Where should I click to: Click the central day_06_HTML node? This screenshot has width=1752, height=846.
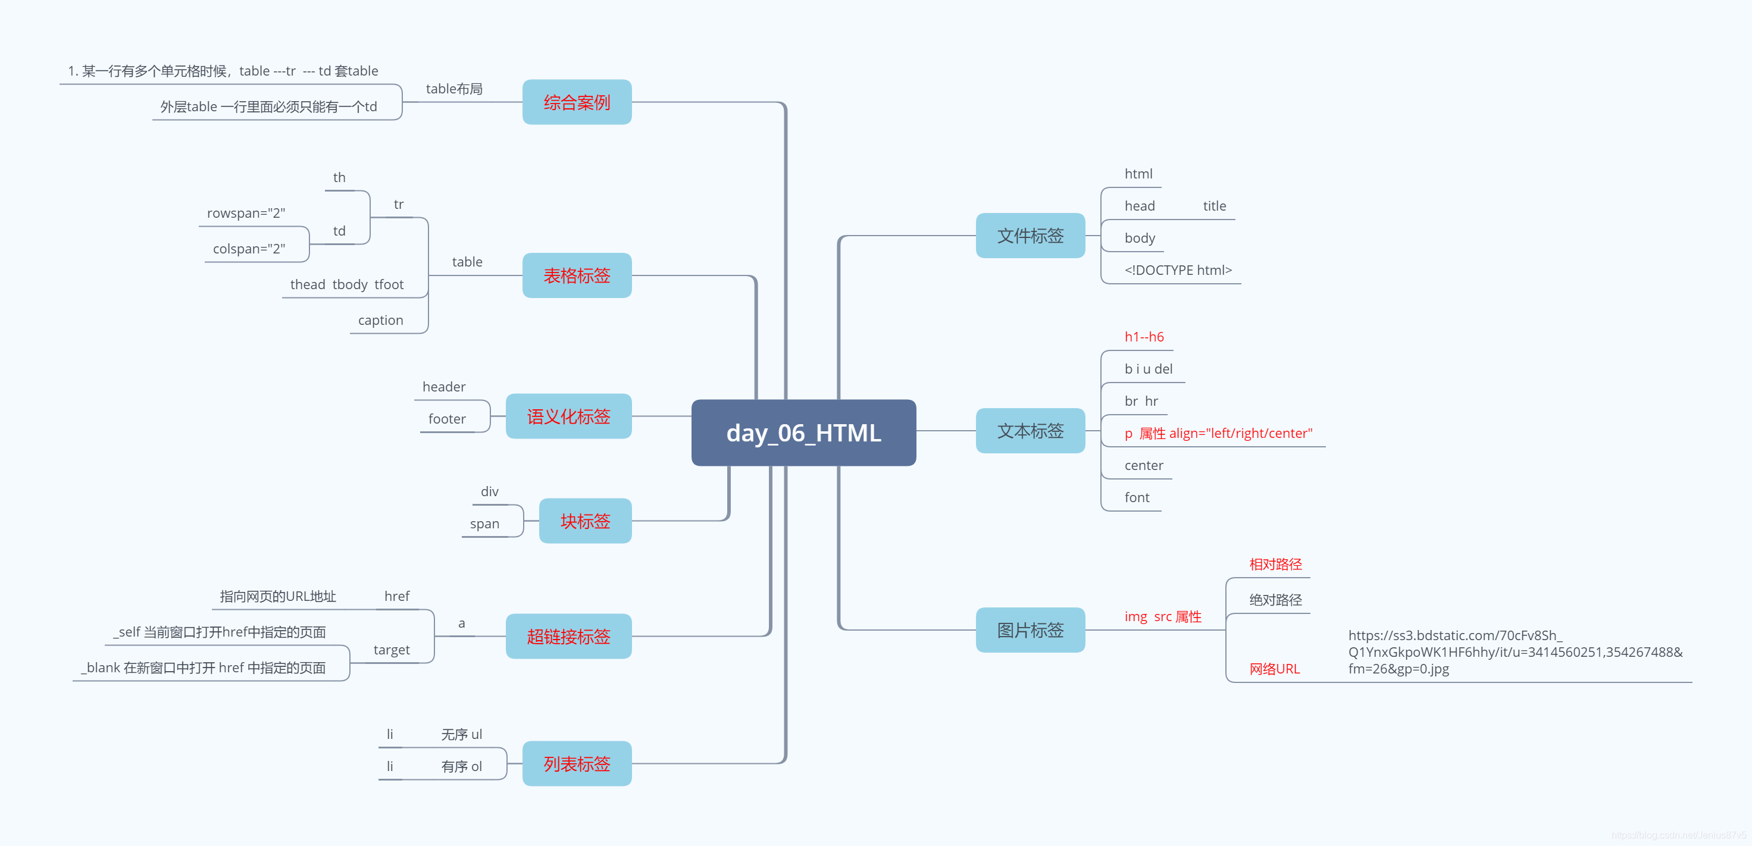(803, 433)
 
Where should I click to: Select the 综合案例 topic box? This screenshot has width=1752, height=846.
(577, 102)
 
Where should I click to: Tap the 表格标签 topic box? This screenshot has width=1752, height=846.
(577, 275)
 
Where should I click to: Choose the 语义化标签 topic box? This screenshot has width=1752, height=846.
(568, 416)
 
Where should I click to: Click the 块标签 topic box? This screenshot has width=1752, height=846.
(585, 521)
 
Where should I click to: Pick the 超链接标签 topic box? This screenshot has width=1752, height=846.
(568, 637)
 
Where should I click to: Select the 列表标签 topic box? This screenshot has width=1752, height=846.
(577, 764)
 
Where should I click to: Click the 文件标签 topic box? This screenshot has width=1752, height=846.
(1030, 236)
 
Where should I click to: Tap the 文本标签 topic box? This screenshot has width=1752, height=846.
(1030, 431)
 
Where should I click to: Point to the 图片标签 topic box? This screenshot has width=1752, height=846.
(1030, 629)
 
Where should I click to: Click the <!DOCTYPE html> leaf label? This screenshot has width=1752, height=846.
(1178, 270)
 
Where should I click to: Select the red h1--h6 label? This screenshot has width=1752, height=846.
(1144, 337)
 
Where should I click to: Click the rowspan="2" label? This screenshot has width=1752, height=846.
(246, 213)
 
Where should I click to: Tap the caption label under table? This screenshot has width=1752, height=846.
(380, 320)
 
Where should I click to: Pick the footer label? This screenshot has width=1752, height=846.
(447, 419)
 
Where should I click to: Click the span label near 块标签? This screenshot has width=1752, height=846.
(484, 524)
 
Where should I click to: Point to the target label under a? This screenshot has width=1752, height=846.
(391, 650)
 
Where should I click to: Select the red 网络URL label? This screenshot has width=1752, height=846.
(1274, 669)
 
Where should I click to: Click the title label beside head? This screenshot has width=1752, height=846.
(1214, 206)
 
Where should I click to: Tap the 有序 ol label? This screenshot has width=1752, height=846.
(461, 766)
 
